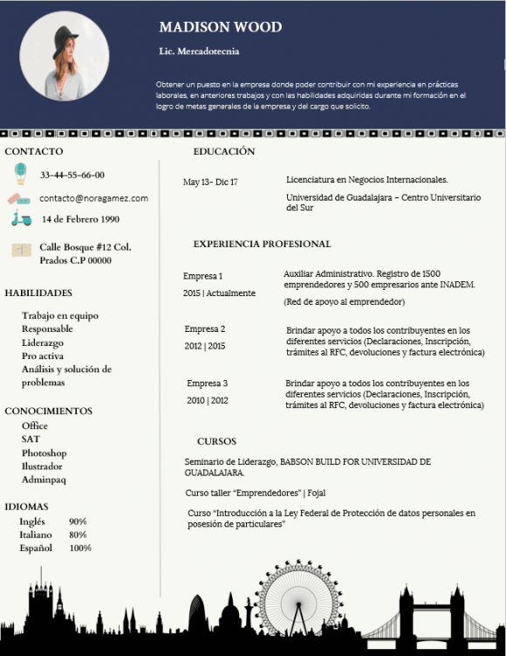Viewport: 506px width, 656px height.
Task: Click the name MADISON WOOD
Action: click(221, 27)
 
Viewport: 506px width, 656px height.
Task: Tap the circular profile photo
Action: click(65, 56)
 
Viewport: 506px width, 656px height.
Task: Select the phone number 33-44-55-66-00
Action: click(72, 175)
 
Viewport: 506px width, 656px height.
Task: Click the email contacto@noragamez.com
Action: click(93, 198)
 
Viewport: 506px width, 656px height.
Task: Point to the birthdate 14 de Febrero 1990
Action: click(81, 219)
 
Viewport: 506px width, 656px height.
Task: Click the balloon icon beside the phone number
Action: click(20, 174)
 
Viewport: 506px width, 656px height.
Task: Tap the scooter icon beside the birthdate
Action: click(21, 219)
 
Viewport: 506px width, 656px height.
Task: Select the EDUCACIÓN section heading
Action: click(224, 151)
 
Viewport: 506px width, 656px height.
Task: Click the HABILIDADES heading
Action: click(38, 293)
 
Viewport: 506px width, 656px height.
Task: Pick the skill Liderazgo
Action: click(43, 342)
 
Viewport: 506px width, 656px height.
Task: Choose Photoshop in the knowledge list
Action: click(44, 453)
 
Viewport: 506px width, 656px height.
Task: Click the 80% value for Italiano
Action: click(78, 535)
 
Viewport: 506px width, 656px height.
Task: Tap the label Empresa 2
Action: click(205, 328)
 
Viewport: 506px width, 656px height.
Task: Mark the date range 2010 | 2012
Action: click(208, 400)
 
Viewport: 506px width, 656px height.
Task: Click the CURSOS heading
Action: click(216, 441)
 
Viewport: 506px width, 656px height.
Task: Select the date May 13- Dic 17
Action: click(210, 182)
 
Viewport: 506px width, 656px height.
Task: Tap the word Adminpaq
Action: click(44, 480)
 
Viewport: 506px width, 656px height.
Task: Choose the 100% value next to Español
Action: click(80, 548)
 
